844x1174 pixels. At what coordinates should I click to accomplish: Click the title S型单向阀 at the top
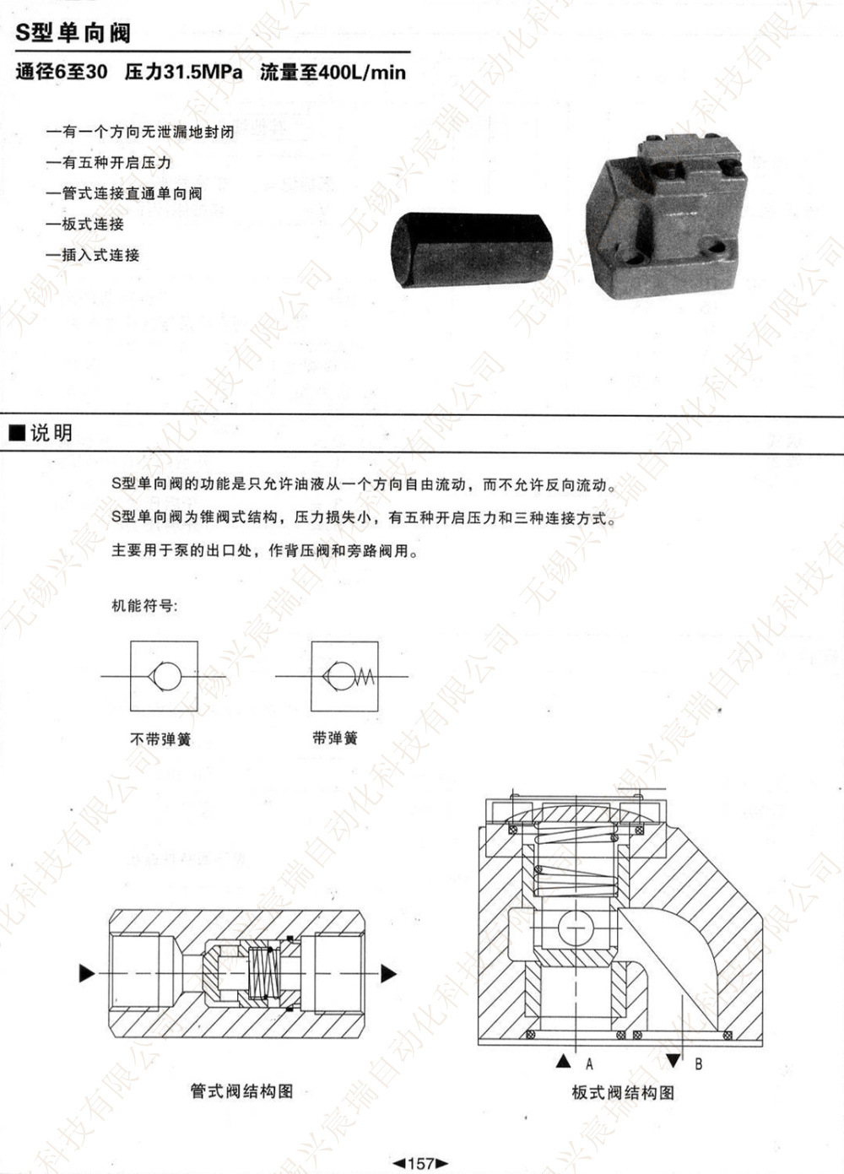pos(73,34)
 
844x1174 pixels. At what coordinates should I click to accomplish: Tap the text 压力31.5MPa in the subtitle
pos(183,73)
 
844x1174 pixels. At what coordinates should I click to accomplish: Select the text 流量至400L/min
pos(333,73)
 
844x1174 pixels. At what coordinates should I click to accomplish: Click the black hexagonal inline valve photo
pos(470,250)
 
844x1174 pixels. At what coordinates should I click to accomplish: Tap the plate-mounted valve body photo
pos(669,219)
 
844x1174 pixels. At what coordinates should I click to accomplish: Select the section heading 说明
pos(51,433)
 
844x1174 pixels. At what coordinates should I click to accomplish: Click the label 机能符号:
pos(145,606)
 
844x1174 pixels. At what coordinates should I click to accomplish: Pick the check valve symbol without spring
pos(164,676)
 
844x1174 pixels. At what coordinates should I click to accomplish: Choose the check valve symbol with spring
pos(344,676)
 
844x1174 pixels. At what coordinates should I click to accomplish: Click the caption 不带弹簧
pos(160,739)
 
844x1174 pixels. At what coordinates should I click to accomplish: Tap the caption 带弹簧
pos(335,738)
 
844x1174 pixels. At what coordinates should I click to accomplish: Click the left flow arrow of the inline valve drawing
pos(87,973)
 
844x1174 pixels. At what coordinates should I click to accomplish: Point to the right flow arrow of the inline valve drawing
pos(388,973)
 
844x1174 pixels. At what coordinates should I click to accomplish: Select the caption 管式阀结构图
pos(241,1091)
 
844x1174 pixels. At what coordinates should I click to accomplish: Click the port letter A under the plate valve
pos(589,1063)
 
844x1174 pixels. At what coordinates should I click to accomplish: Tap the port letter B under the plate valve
pos(698,1063)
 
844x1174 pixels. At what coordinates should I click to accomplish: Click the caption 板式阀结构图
pos(623,1093)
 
